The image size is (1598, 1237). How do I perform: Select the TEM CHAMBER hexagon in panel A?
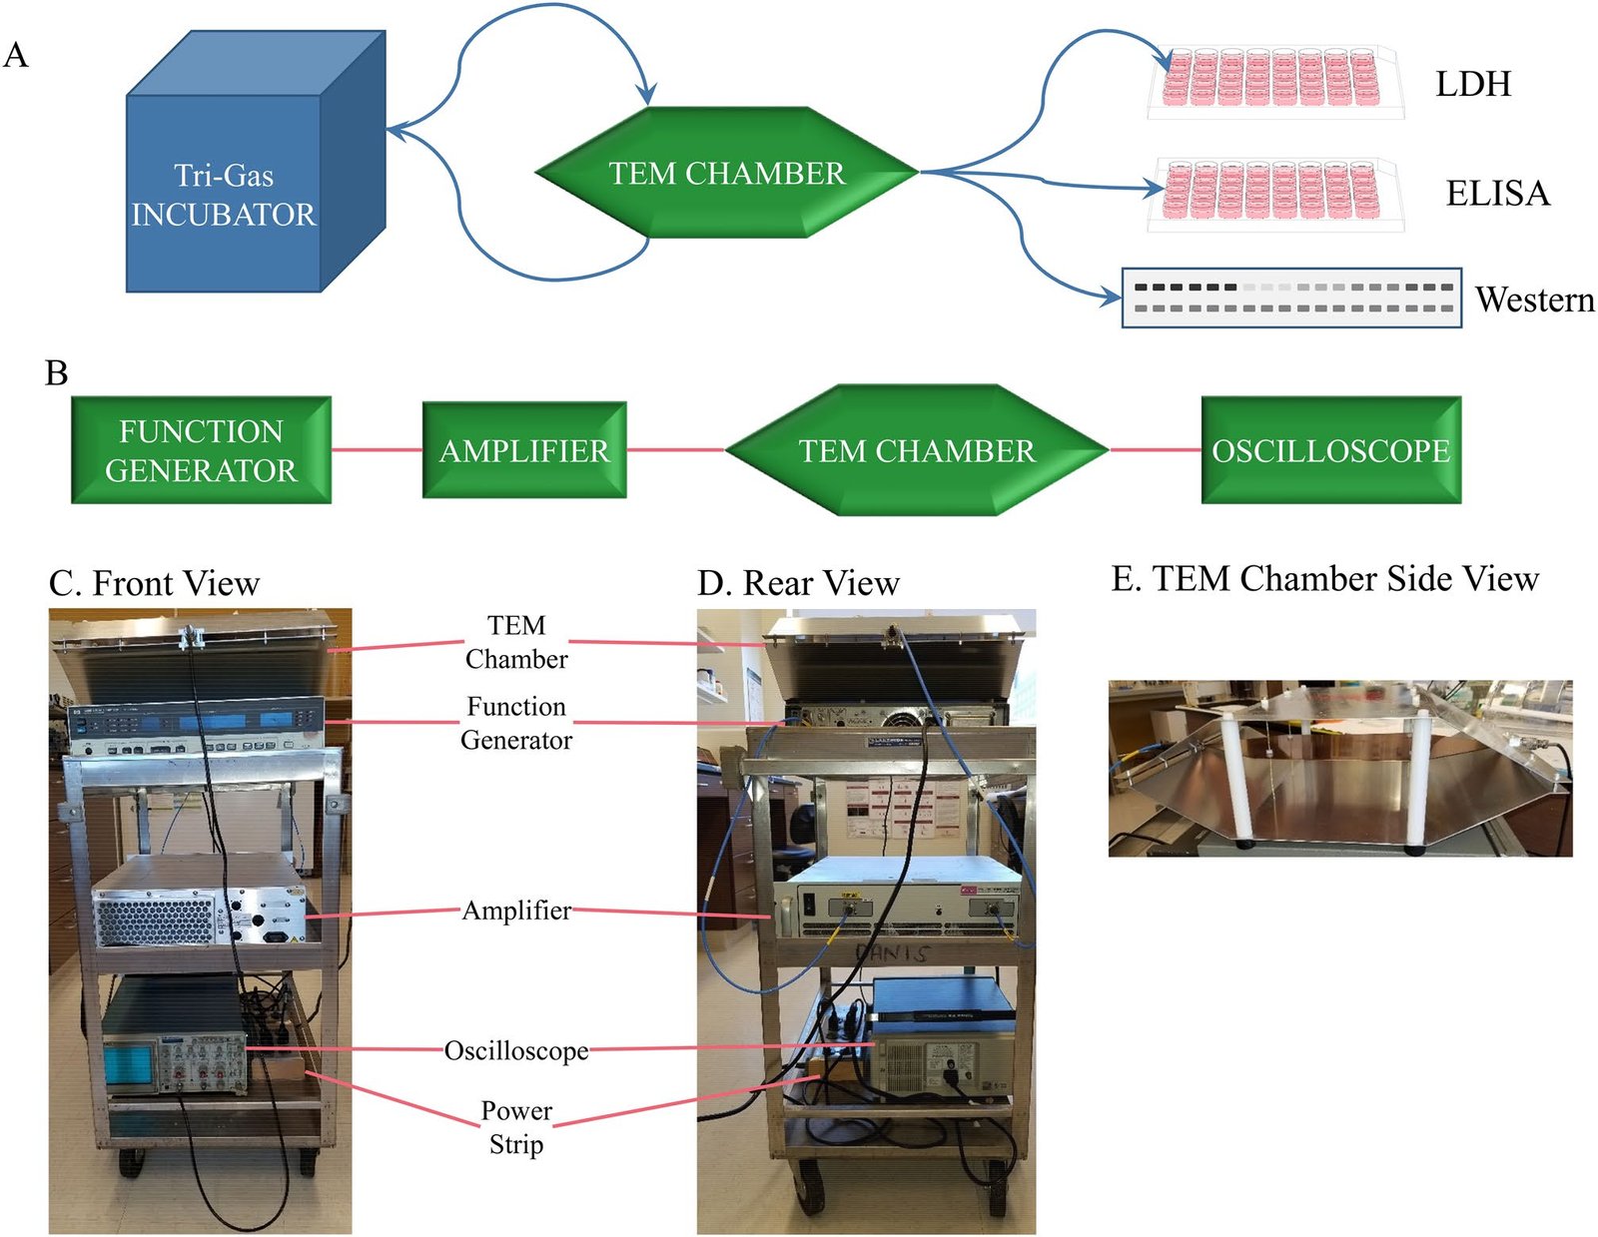click(727, 173)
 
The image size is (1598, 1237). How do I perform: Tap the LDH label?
click(1472, 84)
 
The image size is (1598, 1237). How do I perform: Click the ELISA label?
click(1497, 193)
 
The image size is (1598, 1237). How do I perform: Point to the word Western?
click(1534, 300)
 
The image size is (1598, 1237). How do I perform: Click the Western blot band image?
click(1291, 298)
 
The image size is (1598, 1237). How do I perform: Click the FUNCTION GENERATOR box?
click(201, 450)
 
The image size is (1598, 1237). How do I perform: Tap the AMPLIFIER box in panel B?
click(524, 450)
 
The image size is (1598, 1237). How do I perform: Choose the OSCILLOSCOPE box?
click(1330, 450)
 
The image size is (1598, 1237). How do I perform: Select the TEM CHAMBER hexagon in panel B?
click(917, 450)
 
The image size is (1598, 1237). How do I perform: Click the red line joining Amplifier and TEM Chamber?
click(675, 450)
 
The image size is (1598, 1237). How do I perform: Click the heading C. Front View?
click(155, 583)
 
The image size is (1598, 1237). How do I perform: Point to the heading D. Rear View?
click(798, 583)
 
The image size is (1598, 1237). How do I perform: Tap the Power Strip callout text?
click(516, 1127)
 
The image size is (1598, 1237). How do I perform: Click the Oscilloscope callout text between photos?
click(516, 1050)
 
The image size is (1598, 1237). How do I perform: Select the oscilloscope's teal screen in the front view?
click(126, 1064)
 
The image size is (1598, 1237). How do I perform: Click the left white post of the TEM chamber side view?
click(1242, 780)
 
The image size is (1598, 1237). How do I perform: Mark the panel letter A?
click(16, 55)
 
